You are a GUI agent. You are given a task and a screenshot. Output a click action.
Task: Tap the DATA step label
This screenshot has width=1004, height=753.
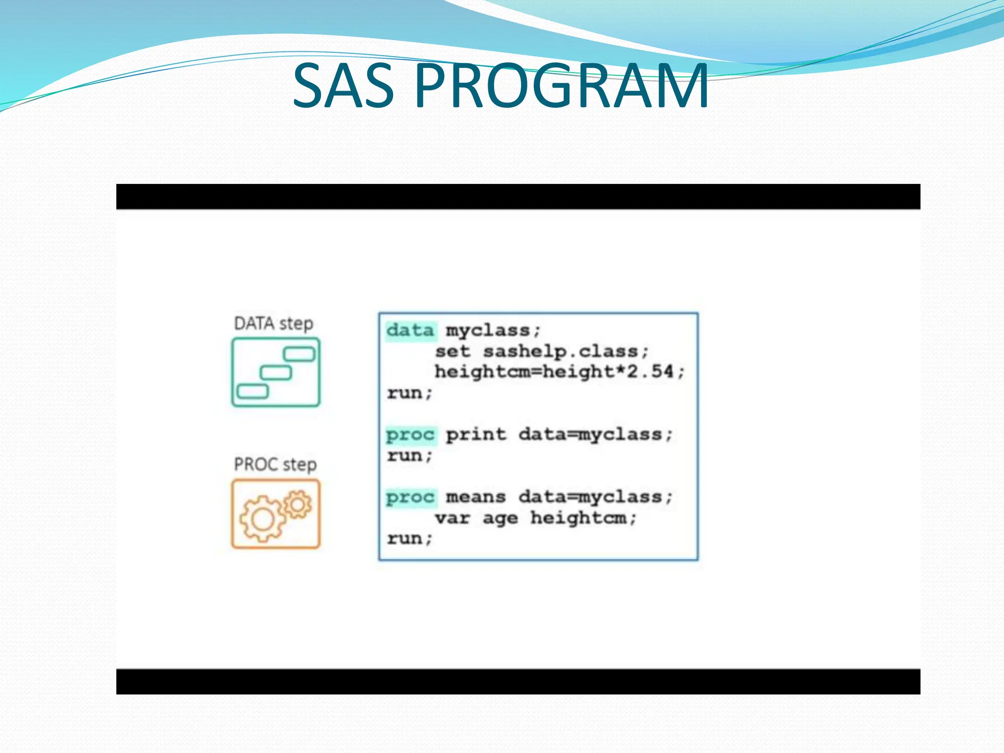point(273,324)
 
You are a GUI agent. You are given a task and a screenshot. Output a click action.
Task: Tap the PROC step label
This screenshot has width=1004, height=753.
point(275,464)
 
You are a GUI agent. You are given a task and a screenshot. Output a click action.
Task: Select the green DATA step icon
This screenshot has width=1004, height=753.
point(276,372)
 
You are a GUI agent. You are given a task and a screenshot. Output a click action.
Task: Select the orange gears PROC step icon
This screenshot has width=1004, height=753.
point(276,513)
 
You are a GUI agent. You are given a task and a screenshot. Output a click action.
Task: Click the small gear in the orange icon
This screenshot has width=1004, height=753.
point(297,504)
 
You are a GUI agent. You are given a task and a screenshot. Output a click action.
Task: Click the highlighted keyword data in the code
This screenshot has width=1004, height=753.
point(410,330)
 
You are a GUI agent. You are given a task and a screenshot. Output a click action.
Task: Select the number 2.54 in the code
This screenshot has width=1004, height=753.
point(650,372)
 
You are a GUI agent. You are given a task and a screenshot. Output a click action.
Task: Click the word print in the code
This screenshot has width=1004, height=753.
point(476,434)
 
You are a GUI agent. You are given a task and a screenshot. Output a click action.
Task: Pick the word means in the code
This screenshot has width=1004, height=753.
point(476,497)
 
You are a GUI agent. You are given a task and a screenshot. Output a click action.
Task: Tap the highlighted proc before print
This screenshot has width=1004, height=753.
point(410,435)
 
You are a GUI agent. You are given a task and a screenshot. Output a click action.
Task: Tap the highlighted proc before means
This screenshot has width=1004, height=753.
point(410,497)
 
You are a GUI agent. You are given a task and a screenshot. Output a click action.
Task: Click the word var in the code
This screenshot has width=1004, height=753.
point(452,518)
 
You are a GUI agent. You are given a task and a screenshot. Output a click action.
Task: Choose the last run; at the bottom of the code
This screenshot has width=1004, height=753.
point(409,538)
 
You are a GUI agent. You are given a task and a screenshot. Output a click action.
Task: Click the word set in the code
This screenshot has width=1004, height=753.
point(452,351)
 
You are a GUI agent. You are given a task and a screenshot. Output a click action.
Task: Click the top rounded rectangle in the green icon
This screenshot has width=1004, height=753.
point(299,353)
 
